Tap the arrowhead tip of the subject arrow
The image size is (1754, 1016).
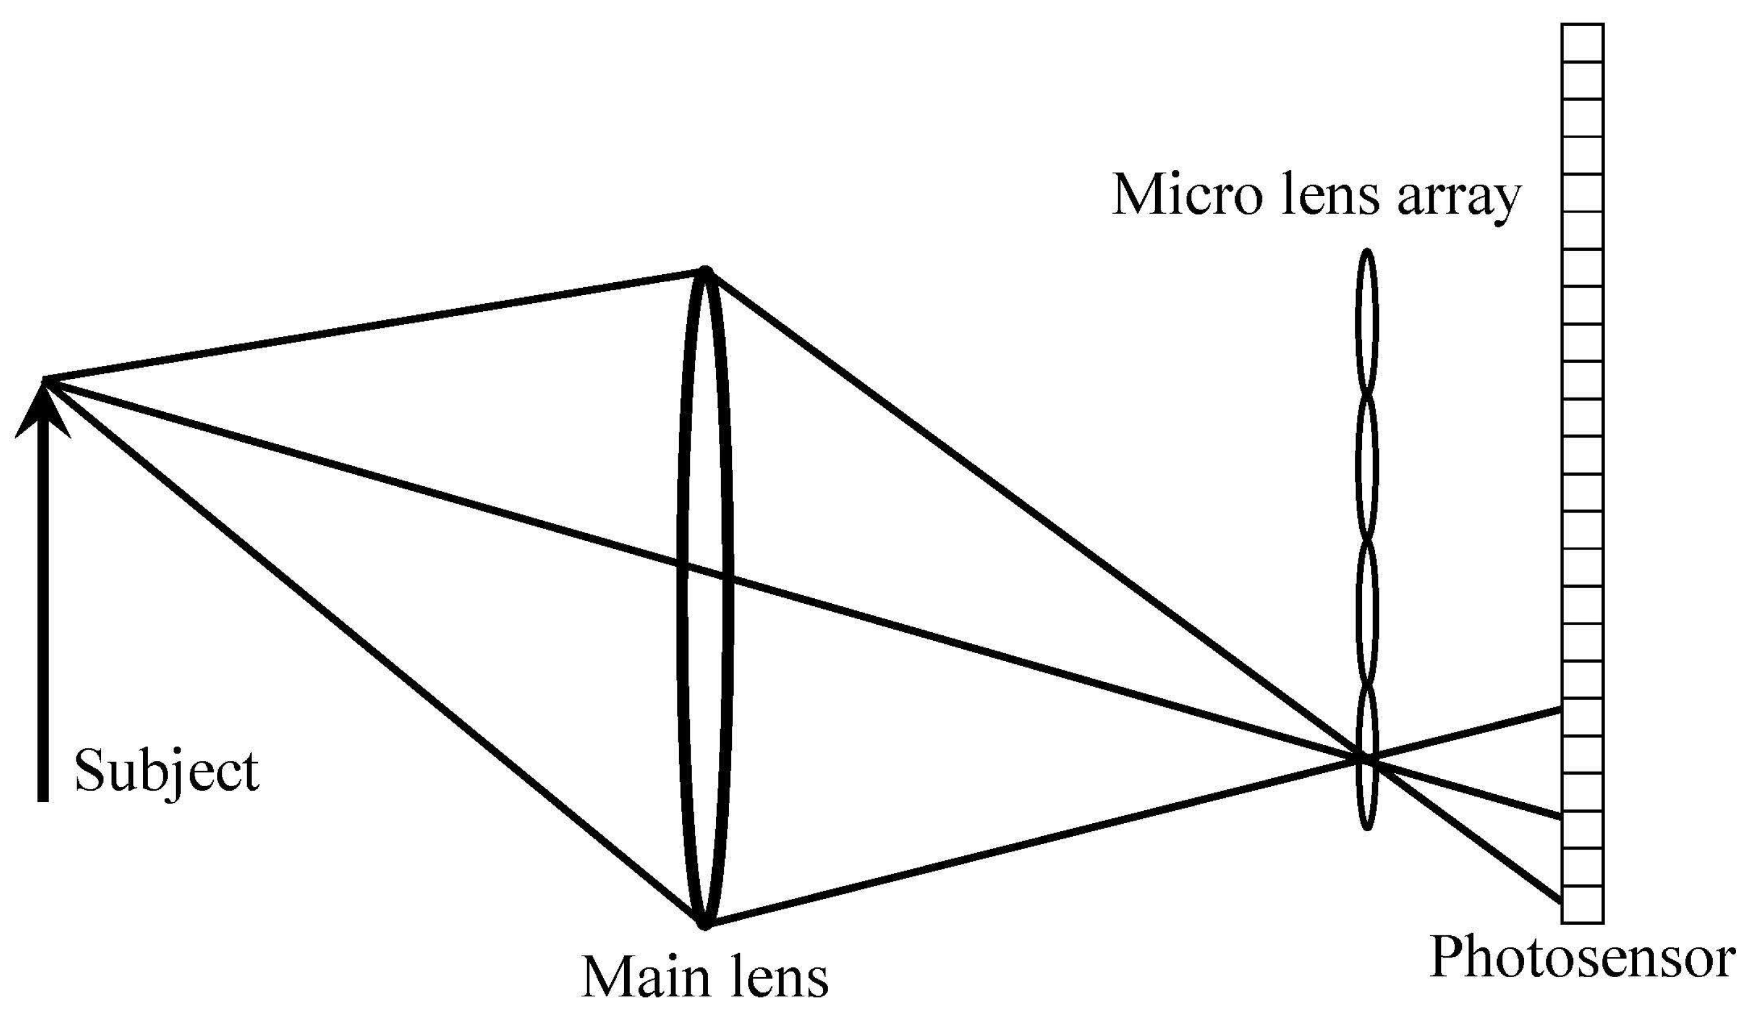coord(43,380)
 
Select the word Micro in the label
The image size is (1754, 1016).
coord(1186,195)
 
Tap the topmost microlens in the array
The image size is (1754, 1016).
coord(1367,323)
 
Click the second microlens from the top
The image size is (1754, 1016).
coord(1367,468)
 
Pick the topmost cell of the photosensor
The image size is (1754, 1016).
coord(1582,43)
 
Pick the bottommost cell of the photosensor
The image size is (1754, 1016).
coord(1582,904)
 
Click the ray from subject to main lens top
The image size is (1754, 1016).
coord(376,325)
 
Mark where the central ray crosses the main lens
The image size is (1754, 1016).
coord(704,571)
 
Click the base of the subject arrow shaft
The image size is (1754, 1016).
coord(43,799)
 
